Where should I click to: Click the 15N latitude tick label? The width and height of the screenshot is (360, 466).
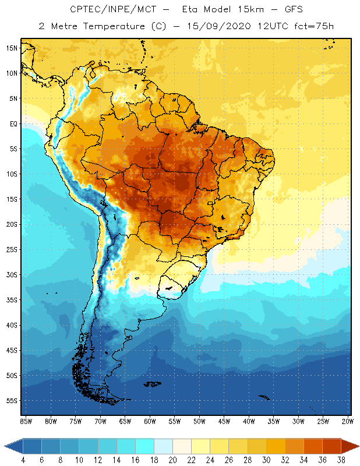(x=12, y=48)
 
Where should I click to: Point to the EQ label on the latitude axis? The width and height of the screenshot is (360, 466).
(x=12, y=123)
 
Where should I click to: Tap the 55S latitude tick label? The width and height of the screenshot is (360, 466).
(x=12, y=401)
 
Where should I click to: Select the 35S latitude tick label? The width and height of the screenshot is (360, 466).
(x=12, y=300)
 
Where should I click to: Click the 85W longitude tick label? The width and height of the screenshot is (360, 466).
(x=26, y=421)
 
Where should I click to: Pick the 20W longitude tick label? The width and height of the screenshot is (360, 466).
(x=346, y=421)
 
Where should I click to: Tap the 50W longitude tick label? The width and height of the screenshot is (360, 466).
(x=199, y=421)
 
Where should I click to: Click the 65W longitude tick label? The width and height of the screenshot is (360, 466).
(x=125, y=421)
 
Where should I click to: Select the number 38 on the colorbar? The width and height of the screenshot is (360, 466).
(x=341, y=460)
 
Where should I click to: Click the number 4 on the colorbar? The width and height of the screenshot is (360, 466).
(x=23, y=460)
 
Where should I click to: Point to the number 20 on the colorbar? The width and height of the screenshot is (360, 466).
(x=172, y=460)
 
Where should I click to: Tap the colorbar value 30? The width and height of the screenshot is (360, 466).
(x=266, y=460)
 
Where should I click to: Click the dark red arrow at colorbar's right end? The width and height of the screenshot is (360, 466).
(x=351, y=446)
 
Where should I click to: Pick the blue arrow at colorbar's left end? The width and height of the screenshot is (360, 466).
(x=13, y=446)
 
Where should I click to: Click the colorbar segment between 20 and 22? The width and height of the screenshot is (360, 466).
(x=182, y=446)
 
